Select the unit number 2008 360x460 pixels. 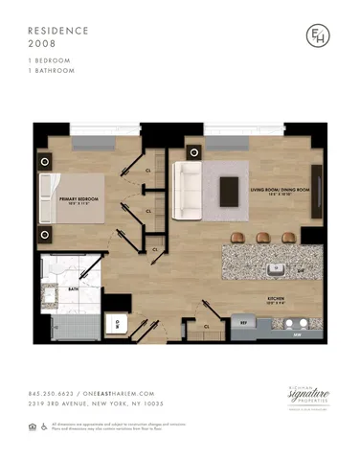(x=42, y=43)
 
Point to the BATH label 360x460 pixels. (x=73, y=287)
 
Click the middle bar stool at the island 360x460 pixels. (x=262, y=238)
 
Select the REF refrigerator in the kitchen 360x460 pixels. (x=243, y=323)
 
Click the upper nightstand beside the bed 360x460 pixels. (x=44, y=153)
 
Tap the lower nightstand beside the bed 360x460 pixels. (x=44, y=235)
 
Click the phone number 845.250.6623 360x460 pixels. (x=53, y=394)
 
